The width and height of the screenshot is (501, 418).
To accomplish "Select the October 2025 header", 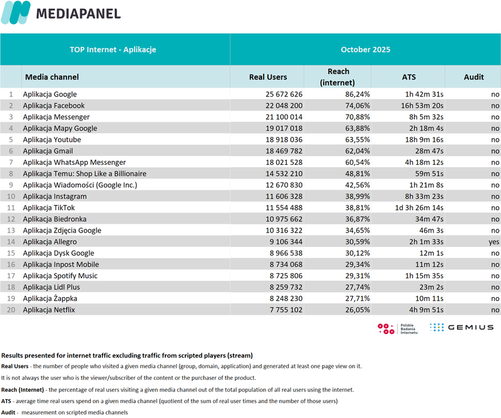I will pos(366,50).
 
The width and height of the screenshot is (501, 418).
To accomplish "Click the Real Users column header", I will pos(267,77).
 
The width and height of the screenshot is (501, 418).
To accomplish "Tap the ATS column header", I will pos(408,77).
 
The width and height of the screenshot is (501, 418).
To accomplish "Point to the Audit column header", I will pos(473,77).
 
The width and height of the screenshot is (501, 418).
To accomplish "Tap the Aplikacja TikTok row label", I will pos(49,207).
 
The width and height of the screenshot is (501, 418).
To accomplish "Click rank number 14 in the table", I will pos(9,241).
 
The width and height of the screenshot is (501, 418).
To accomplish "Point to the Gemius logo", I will pos(462,327).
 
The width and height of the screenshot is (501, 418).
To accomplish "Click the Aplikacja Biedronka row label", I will pos(54,219).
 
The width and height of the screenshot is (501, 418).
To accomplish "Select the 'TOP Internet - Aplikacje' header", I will pos(113,50).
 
